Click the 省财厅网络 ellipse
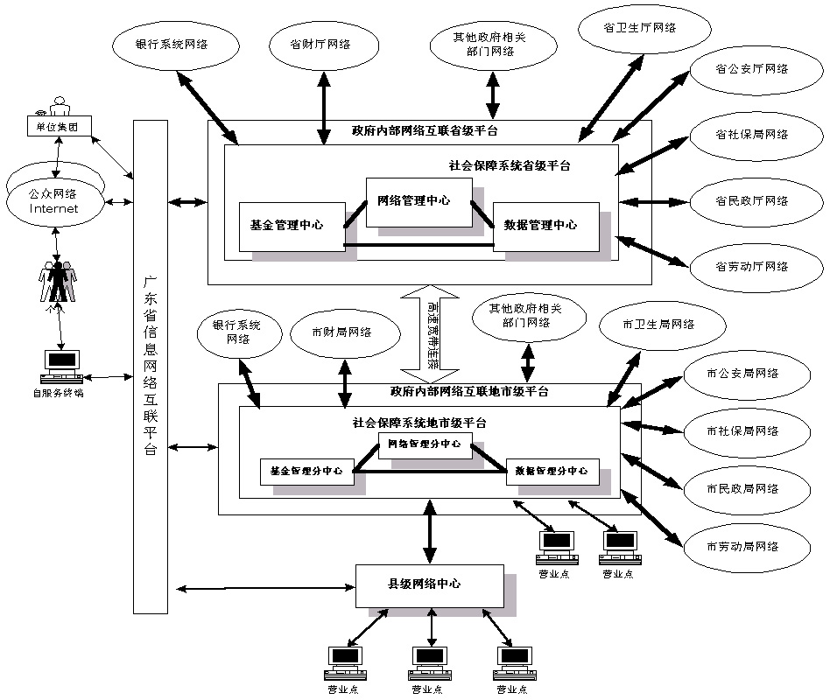320,45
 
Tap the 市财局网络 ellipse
341,332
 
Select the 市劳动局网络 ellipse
742,547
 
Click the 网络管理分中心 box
425,444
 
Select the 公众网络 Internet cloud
54,199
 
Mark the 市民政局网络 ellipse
742,488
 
